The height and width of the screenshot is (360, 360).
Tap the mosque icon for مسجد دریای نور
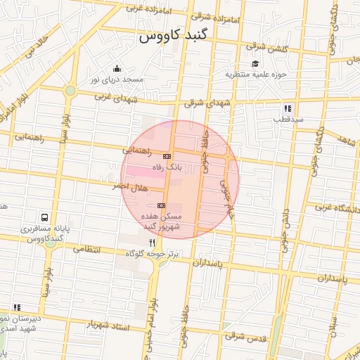click(116, 69)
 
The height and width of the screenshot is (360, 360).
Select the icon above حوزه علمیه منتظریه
click(255, 63)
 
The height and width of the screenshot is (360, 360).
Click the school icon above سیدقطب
click(288, 108)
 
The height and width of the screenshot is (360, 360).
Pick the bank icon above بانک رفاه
click(167, 156)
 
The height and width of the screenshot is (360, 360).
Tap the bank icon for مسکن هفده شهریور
click(161, 205)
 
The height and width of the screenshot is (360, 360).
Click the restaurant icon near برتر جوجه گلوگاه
click(152, 242)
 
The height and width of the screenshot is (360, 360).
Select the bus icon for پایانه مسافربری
click(46, 218)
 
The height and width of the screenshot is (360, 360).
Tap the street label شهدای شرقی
click(208, 103)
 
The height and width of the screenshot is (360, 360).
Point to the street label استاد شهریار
click(109, 326)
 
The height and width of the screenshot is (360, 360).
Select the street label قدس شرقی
click(247, 338)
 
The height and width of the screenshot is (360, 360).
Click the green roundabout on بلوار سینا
click(70, 91)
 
